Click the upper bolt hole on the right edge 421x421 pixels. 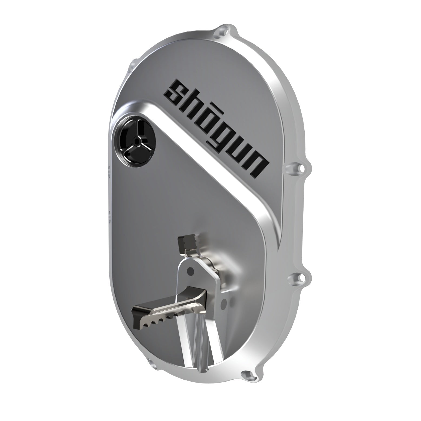tap(300, 168)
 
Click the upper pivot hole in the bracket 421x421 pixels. tap(191, 270)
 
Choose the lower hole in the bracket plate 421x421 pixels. tap(223, 304)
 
